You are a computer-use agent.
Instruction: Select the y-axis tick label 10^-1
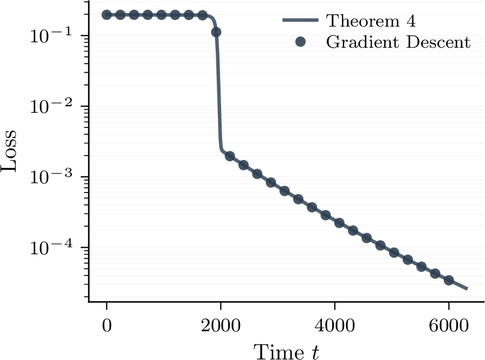coord(51,35)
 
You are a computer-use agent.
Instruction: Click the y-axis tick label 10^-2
coord(51,106)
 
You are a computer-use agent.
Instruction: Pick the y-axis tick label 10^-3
coord(51,176)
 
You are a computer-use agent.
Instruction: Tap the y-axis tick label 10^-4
coord(51,247)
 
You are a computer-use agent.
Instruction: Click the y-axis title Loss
coord(9,150)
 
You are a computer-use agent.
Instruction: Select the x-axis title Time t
coord(286,352)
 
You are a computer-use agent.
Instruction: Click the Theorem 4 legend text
coord(371,21)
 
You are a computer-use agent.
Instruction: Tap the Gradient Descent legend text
coord(398,42)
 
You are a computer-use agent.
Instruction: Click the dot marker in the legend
coord(300,42)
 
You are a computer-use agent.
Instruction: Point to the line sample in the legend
coord(300,20)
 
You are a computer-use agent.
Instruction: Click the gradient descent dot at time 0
coord(107,15)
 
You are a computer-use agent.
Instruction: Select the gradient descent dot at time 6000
coord(449,280)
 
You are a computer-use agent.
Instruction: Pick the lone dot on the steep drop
coord(216,32)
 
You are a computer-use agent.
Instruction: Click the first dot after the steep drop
coord(230,156)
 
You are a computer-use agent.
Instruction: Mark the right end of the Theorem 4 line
coord(467,289)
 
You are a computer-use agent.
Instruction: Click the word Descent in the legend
coord(438,42)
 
